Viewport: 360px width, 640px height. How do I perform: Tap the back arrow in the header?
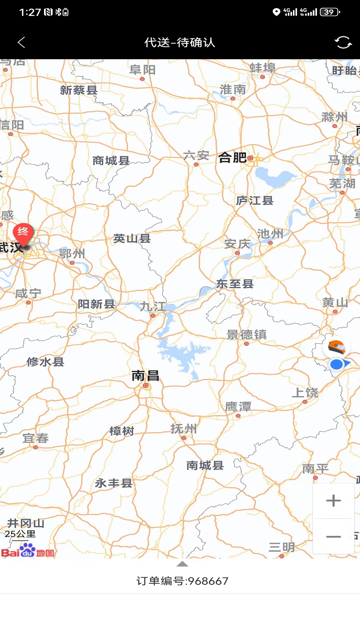tap(21, 42)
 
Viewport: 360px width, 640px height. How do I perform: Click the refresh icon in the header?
tap(343, 42)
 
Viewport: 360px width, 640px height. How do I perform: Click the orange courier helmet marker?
tap(336, 347)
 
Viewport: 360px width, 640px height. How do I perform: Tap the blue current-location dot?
tap(337, 364)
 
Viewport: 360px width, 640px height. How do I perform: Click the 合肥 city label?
tap(233, 157)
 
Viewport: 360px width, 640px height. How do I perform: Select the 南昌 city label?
tap(145, 376)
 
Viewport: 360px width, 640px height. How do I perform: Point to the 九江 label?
tap(153, 306)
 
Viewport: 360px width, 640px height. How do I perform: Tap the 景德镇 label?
tap(246, 334)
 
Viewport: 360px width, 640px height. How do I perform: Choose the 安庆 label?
tap(237, 244)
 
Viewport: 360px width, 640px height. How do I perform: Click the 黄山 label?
tap(335, 303)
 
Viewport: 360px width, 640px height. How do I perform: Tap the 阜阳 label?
tap(142, 70)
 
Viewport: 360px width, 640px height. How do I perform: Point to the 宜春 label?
tap(35, 438)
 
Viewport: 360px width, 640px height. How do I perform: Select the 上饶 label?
tap(305, 393)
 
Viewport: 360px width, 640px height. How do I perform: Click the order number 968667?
tap(182, 581)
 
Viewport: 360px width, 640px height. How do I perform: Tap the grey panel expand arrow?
tap(182, 564)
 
